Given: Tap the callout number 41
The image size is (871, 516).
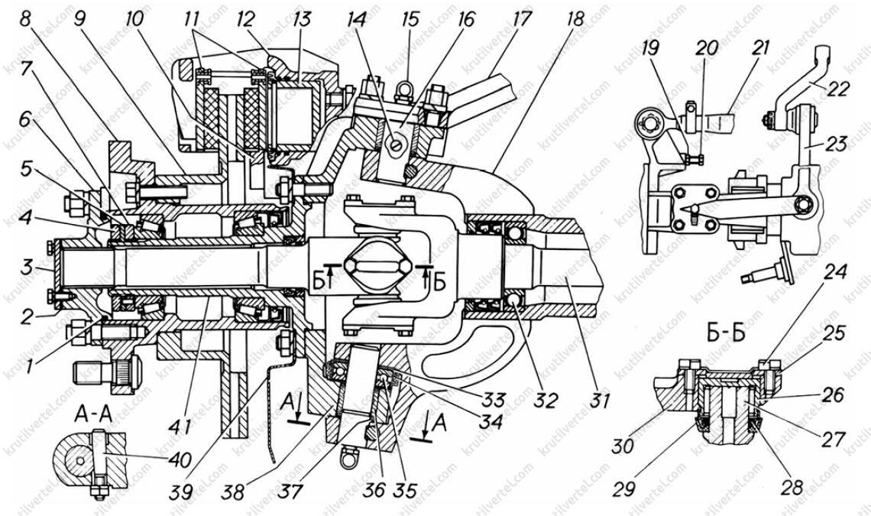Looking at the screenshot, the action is click(x=180, y=427).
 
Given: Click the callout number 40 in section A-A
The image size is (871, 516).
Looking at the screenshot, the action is click(x=180, y=460).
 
